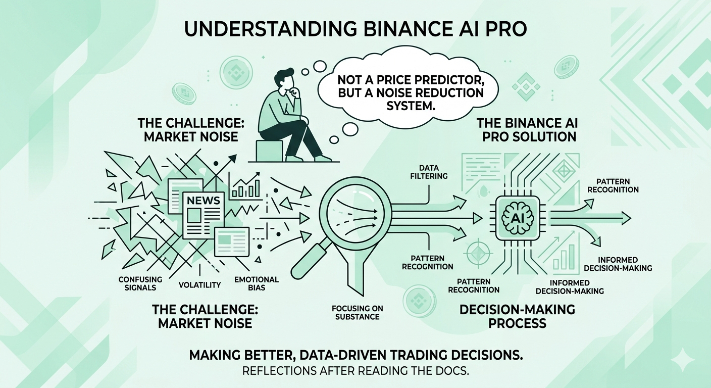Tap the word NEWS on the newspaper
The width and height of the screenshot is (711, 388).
click(x=204, y=200)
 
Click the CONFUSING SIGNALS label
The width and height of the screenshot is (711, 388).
click(x=140, y=283)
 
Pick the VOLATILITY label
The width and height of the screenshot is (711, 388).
click(x=200, y=285)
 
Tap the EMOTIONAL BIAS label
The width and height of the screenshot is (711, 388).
click(x=257, y=283)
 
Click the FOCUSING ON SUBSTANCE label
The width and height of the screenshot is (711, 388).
click(x=355, y=312)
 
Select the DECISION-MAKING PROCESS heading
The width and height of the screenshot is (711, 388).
click(x=518, y=316)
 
